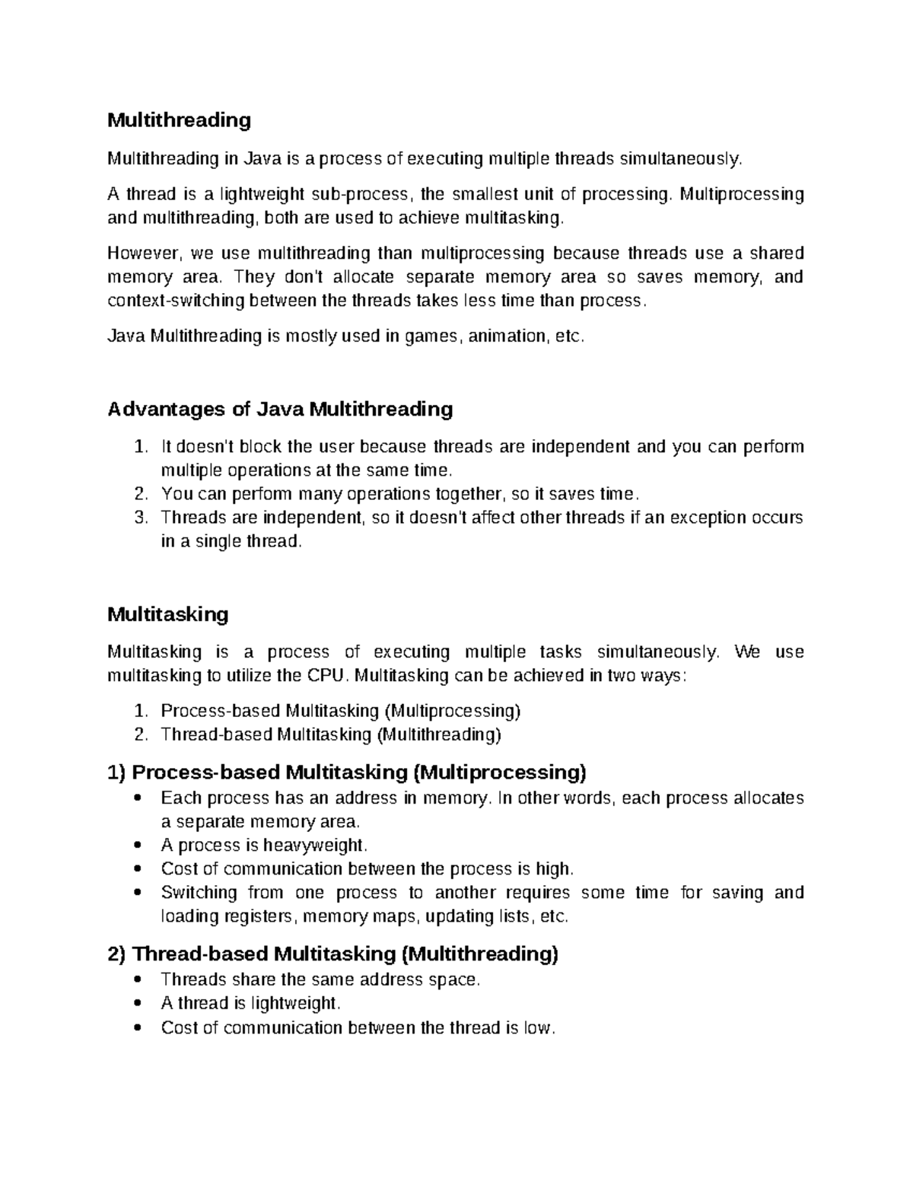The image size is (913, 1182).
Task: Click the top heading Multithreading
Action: [179, 120]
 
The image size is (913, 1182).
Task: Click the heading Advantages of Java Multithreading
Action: [280, 409]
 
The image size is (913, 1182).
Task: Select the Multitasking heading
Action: [167, 614]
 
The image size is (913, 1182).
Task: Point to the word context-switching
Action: [176, 301]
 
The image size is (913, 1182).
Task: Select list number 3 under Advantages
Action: [139, 518]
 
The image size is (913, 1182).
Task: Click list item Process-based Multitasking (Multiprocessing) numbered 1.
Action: [341, 711]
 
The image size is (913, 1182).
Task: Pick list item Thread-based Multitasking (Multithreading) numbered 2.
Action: [331, 734]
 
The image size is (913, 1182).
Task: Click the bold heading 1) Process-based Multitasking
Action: [347, 773]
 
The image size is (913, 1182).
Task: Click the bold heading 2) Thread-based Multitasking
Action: [333, 954]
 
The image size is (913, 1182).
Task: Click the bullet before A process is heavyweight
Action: [137, 846]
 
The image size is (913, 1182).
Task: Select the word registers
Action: [259, 916]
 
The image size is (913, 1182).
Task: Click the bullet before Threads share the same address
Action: [137, 980]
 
